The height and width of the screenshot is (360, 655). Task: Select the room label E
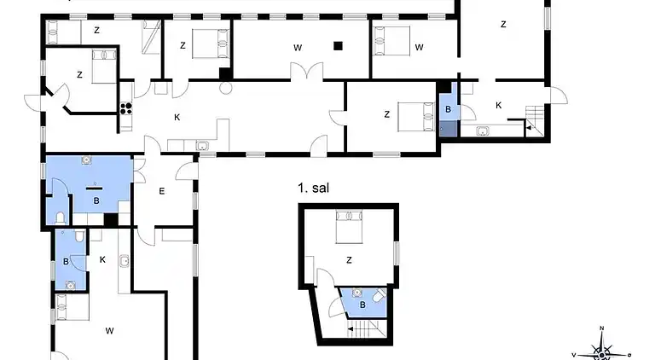pos(160,191)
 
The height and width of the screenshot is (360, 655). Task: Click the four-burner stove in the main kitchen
pos(126,107)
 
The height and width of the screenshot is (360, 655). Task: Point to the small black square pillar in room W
pos(339,46)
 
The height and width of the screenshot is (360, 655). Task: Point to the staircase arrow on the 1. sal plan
pos(351,328)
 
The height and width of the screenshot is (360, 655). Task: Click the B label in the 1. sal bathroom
pos(362,304)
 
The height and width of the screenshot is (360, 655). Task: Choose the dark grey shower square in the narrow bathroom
pos(448,129)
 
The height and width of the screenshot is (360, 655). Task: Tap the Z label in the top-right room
pos(503,25)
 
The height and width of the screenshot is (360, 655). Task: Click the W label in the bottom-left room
pos(109,329)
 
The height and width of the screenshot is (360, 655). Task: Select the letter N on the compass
pos(602,328)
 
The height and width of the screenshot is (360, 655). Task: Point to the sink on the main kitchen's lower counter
pos(203,146)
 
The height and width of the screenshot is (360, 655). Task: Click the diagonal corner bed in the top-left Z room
pos(151,38)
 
